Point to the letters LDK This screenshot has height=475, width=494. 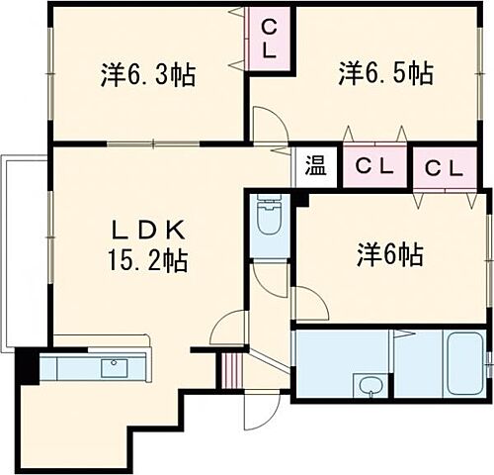(x=147, y=231)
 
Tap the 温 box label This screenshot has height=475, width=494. (x=315, y=165)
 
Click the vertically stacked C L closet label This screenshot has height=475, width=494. (x=269, y=38)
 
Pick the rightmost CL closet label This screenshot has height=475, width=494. (x=444, y=167)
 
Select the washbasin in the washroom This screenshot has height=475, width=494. (x=371, y=385)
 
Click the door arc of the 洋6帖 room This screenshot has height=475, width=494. (x=308, y=303)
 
